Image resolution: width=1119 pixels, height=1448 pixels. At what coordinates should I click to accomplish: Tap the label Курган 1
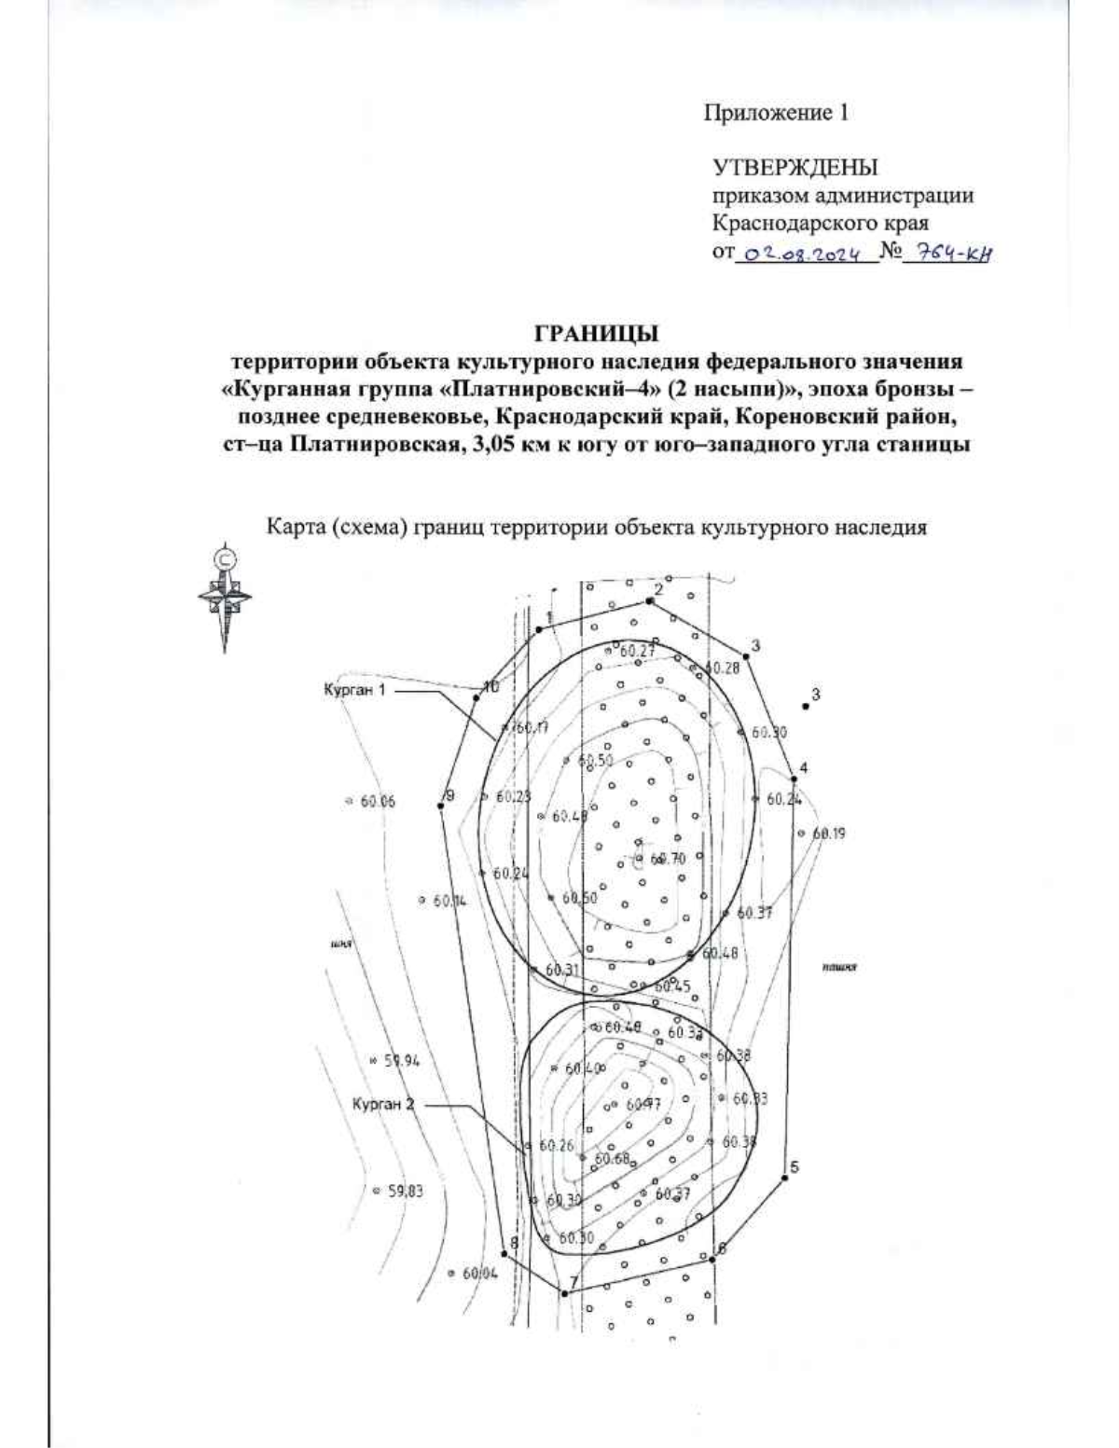tap(354, 690)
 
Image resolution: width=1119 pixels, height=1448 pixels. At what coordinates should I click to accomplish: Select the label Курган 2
tap(383, 1104)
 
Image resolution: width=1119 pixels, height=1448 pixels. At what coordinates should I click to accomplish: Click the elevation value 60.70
tap(668, 859)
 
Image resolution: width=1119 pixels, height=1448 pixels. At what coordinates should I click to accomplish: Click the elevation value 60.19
tap(827, 834)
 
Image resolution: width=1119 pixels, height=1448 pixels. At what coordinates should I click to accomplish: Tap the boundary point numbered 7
tap(564, 1292)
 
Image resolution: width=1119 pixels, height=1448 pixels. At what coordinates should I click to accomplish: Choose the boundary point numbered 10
tap(477, 696)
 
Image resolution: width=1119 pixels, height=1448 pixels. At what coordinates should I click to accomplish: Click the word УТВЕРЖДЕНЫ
tap(794, 168)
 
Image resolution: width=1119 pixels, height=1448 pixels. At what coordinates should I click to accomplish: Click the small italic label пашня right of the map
tap(839, 969)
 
